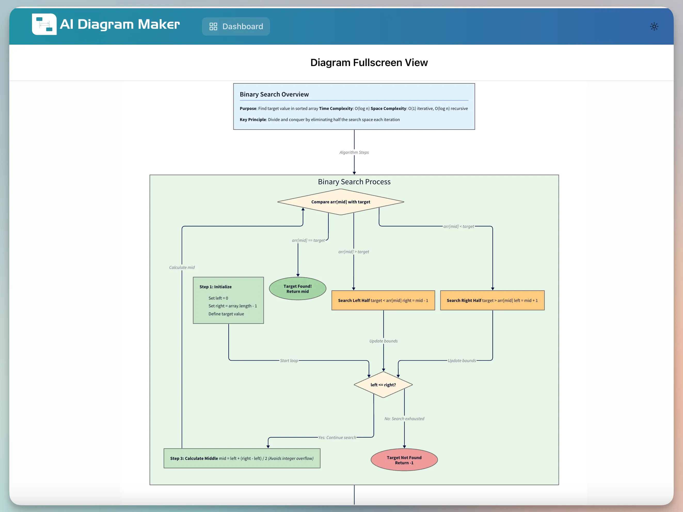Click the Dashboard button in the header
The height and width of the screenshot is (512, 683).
(236, 27)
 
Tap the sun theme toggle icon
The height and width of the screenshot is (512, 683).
(654, 27)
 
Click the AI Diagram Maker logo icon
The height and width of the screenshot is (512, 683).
(44, 24)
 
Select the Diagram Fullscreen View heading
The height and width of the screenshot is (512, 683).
(369, 63)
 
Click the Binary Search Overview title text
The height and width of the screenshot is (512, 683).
(274, 94)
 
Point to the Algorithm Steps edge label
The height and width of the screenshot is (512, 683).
(354, 153)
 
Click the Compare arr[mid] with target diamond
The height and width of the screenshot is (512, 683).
(340, 202)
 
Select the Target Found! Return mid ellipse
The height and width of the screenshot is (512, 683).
(297, 289)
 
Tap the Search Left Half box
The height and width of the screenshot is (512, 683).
(383, 300)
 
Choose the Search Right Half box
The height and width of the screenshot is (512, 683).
(492, 300)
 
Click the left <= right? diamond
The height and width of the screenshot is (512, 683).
(383, 385)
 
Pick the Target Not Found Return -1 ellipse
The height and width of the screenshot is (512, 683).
(404, 460)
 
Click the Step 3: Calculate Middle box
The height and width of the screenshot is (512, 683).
(242, 458)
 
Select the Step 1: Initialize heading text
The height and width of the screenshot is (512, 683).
(215, 287)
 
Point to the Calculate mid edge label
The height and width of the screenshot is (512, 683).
(182, 268)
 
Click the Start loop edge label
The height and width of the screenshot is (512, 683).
(289, 361)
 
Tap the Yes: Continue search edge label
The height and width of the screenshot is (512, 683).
(337, 438)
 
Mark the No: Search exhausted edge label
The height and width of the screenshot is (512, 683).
(404, 419)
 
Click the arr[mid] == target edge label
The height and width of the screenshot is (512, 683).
(308, 241)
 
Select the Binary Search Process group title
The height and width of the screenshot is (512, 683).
(354, 182)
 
